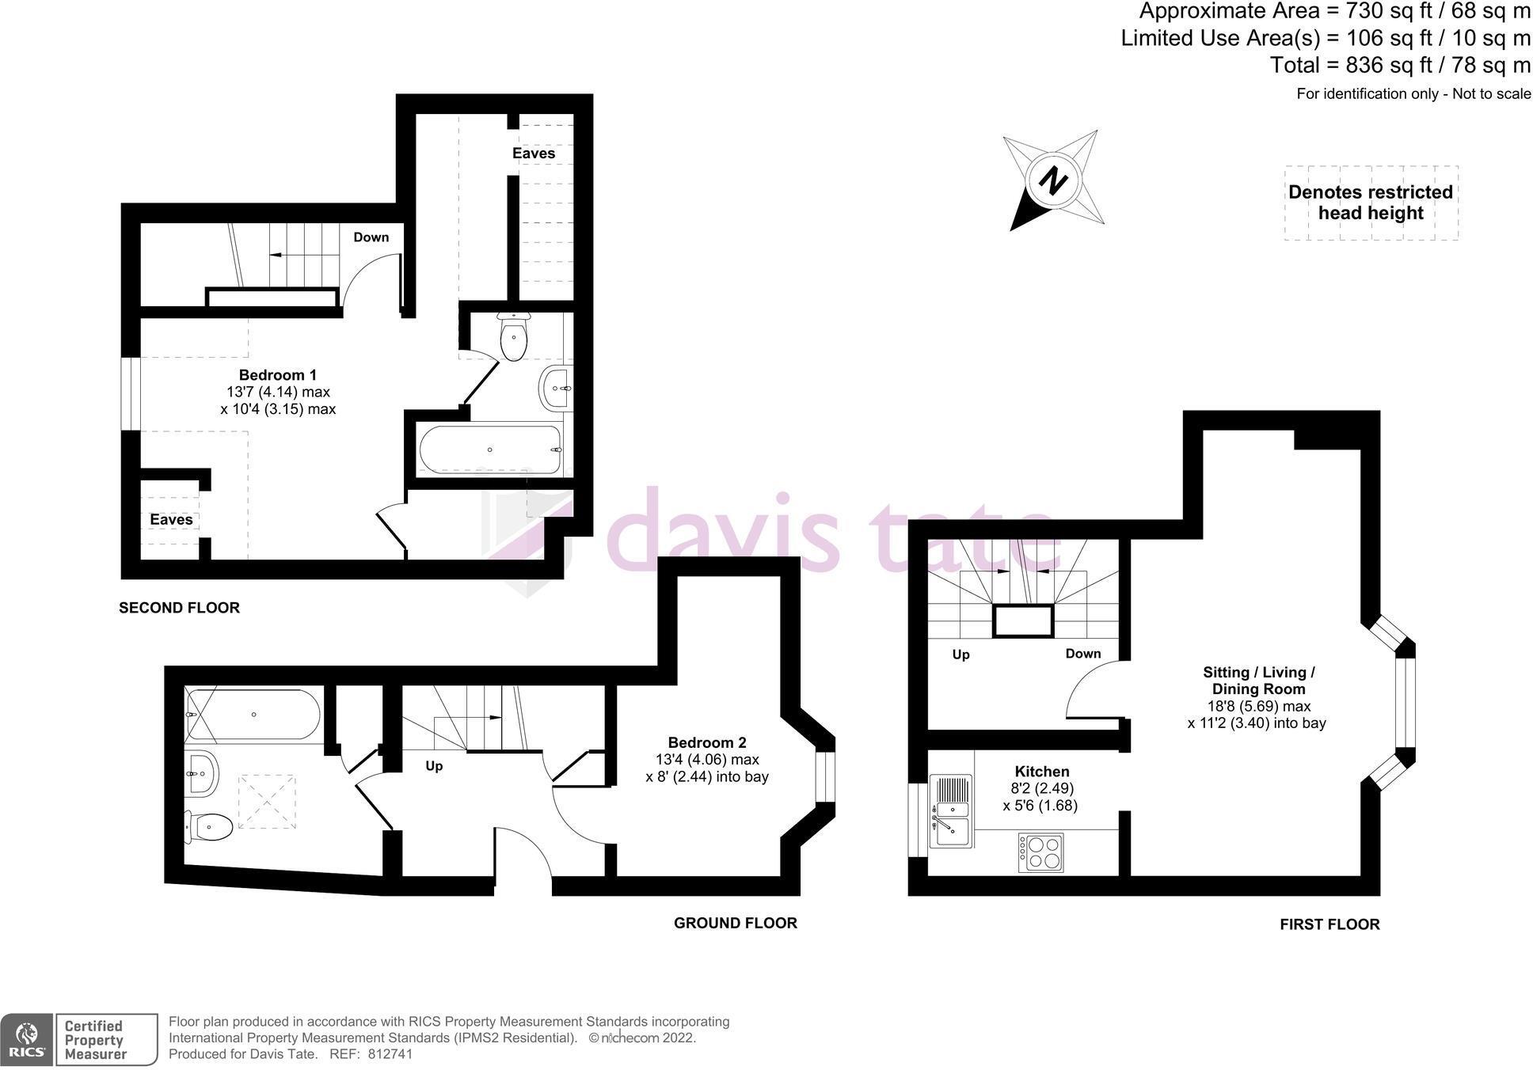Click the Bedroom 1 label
(x=278, y=375)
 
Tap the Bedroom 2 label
(x=706, y=742)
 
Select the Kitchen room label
(x=1041, y=772)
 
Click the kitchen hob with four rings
(x=1040, y=852)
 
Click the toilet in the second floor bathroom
(x=514, y=337)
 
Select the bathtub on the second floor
(x=490, y=450)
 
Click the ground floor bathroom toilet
(x=209, y=827)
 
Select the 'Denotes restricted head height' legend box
(x=1371, y=203)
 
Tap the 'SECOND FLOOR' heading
(x=179, y=608)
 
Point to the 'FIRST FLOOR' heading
(x=1329, y=924)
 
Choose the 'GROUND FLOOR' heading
(x=735, y=923)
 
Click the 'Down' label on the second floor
(x=371, y=237)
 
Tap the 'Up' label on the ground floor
(x=434, y=766)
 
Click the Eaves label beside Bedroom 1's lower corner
(x=171, y=520)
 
